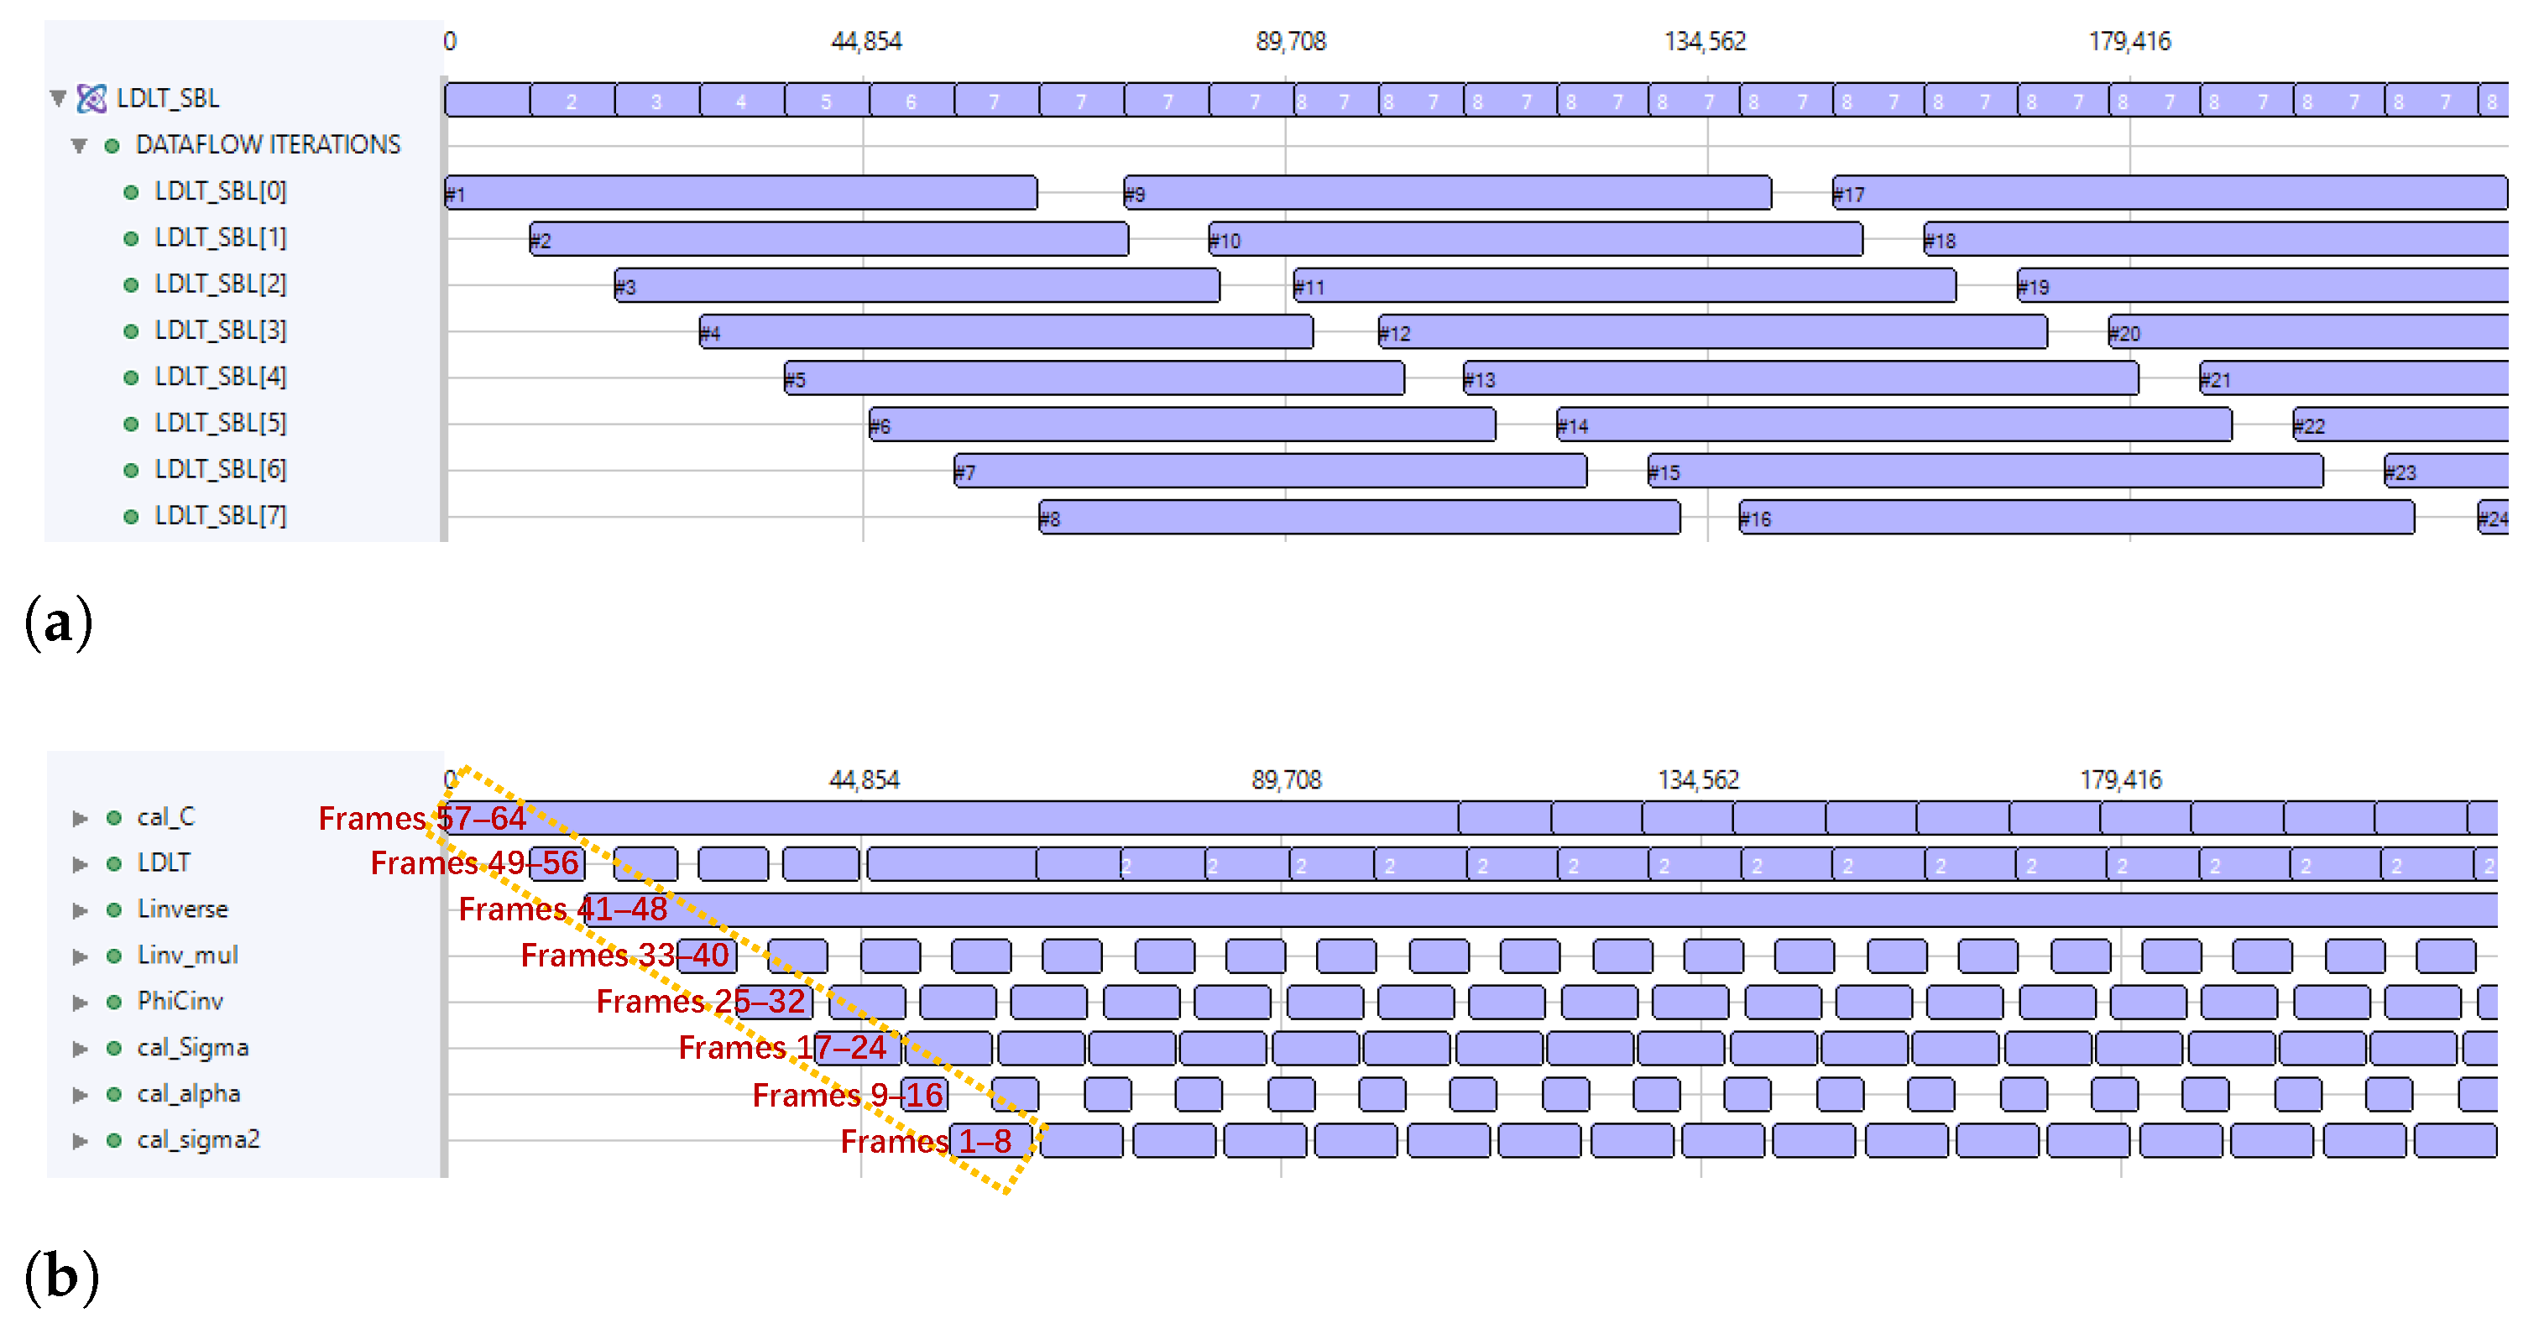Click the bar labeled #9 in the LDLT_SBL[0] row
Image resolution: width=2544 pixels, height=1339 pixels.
point(1447,193)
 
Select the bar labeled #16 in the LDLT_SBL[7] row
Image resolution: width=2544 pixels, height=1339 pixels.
point(2074,518)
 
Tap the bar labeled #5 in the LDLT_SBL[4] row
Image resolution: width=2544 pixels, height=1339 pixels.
point(1094,378)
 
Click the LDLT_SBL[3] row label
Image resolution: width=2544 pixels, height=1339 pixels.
point(220,330)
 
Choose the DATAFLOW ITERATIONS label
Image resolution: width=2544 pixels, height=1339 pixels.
point(268,145)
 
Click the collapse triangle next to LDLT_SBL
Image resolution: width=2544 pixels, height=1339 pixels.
point(58,98)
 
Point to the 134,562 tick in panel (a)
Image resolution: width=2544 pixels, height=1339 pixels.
point(1705,41)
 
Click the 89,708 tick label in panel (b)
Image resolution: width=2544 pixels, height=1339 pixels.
point(1286,780)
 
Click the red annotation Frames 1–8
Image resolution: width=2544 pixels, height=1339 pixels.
point(926,1142)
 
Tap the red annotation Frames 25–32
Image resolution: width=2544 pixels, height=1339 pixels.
point(700,1001)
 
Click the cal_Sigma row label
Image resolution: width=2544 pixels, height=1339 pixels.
point(192,1048)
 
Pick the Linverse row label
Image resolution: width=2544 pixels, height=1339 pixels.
point(183,909)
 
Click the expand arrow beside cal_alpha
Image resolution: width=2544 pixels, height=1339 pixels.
point(80,1095)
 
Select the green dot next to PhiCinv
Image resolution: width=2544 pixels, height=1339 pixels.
point(114,1003)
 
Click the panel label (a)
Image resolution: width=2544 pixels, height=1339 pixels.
point(58,623)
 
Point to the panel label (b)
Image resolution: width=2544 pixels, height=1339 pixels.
point(61,1277)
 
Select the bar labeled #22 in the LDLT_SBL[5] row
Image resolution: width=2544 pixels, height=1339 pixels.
point(2400,425)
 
